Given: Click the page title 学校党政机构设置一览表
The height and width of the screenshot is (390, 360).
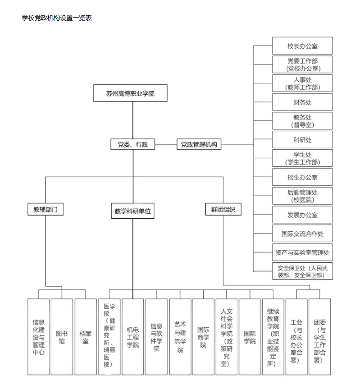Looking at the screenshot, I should tap(57, 18).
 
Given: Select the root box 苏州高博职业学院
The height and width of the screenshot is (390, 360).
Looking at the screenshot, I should tap(130, 94).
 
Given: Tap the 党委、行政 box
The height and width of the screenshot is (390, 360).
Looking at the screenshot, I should tap(133, 145).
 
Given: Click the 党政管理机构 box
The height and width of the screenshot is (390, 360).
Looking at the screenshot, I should tap(199, 145).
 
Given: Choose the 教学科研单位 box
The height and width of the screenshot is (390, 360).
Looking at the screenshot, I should tap(132, 211).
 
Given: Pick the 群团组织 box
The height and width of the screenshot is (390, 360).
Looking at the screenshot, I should tap(223, 210).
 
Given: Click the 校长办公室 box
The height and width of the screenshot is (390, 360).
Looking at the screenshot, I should tap(302, 46).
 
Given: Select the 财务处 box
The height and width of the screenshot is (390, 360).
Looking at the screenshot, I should tap(302, 102).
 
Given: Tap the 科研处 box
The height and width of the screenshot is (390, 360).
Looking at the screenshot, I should tap(302, 140).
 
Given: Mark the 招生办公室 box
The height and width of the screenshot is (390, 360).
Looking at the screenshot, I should tap(302, 177).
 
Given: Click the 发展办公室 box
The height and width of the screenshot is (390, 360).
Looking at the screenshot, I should tap(302, 215).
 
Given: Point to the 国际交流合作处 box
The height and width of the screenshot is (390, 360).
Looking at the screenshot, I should tap(302, 234).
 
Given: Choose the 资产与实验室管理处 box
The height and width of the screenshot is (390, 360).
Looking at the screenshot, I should tap(302, 252).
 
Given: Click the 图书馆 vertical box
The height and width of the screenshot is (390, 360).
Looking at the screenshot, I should tap(62, 336).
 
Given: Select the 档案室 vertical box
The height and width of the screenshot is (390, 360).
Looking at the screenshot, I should tap(85, 336).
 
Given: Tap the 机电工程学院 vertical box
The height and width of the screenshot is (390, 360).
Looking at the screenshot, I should tap(132, 336).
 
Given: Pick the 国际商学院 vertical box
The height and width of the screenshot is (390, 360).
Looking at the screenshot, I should tap(203, 336).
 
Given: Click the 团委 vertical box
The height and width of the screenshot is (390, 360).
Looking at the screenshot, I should tap(319, 336).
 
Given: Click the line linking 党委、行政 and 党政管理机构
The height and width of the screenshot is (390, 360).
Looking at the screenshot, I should tap(166, 145).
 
